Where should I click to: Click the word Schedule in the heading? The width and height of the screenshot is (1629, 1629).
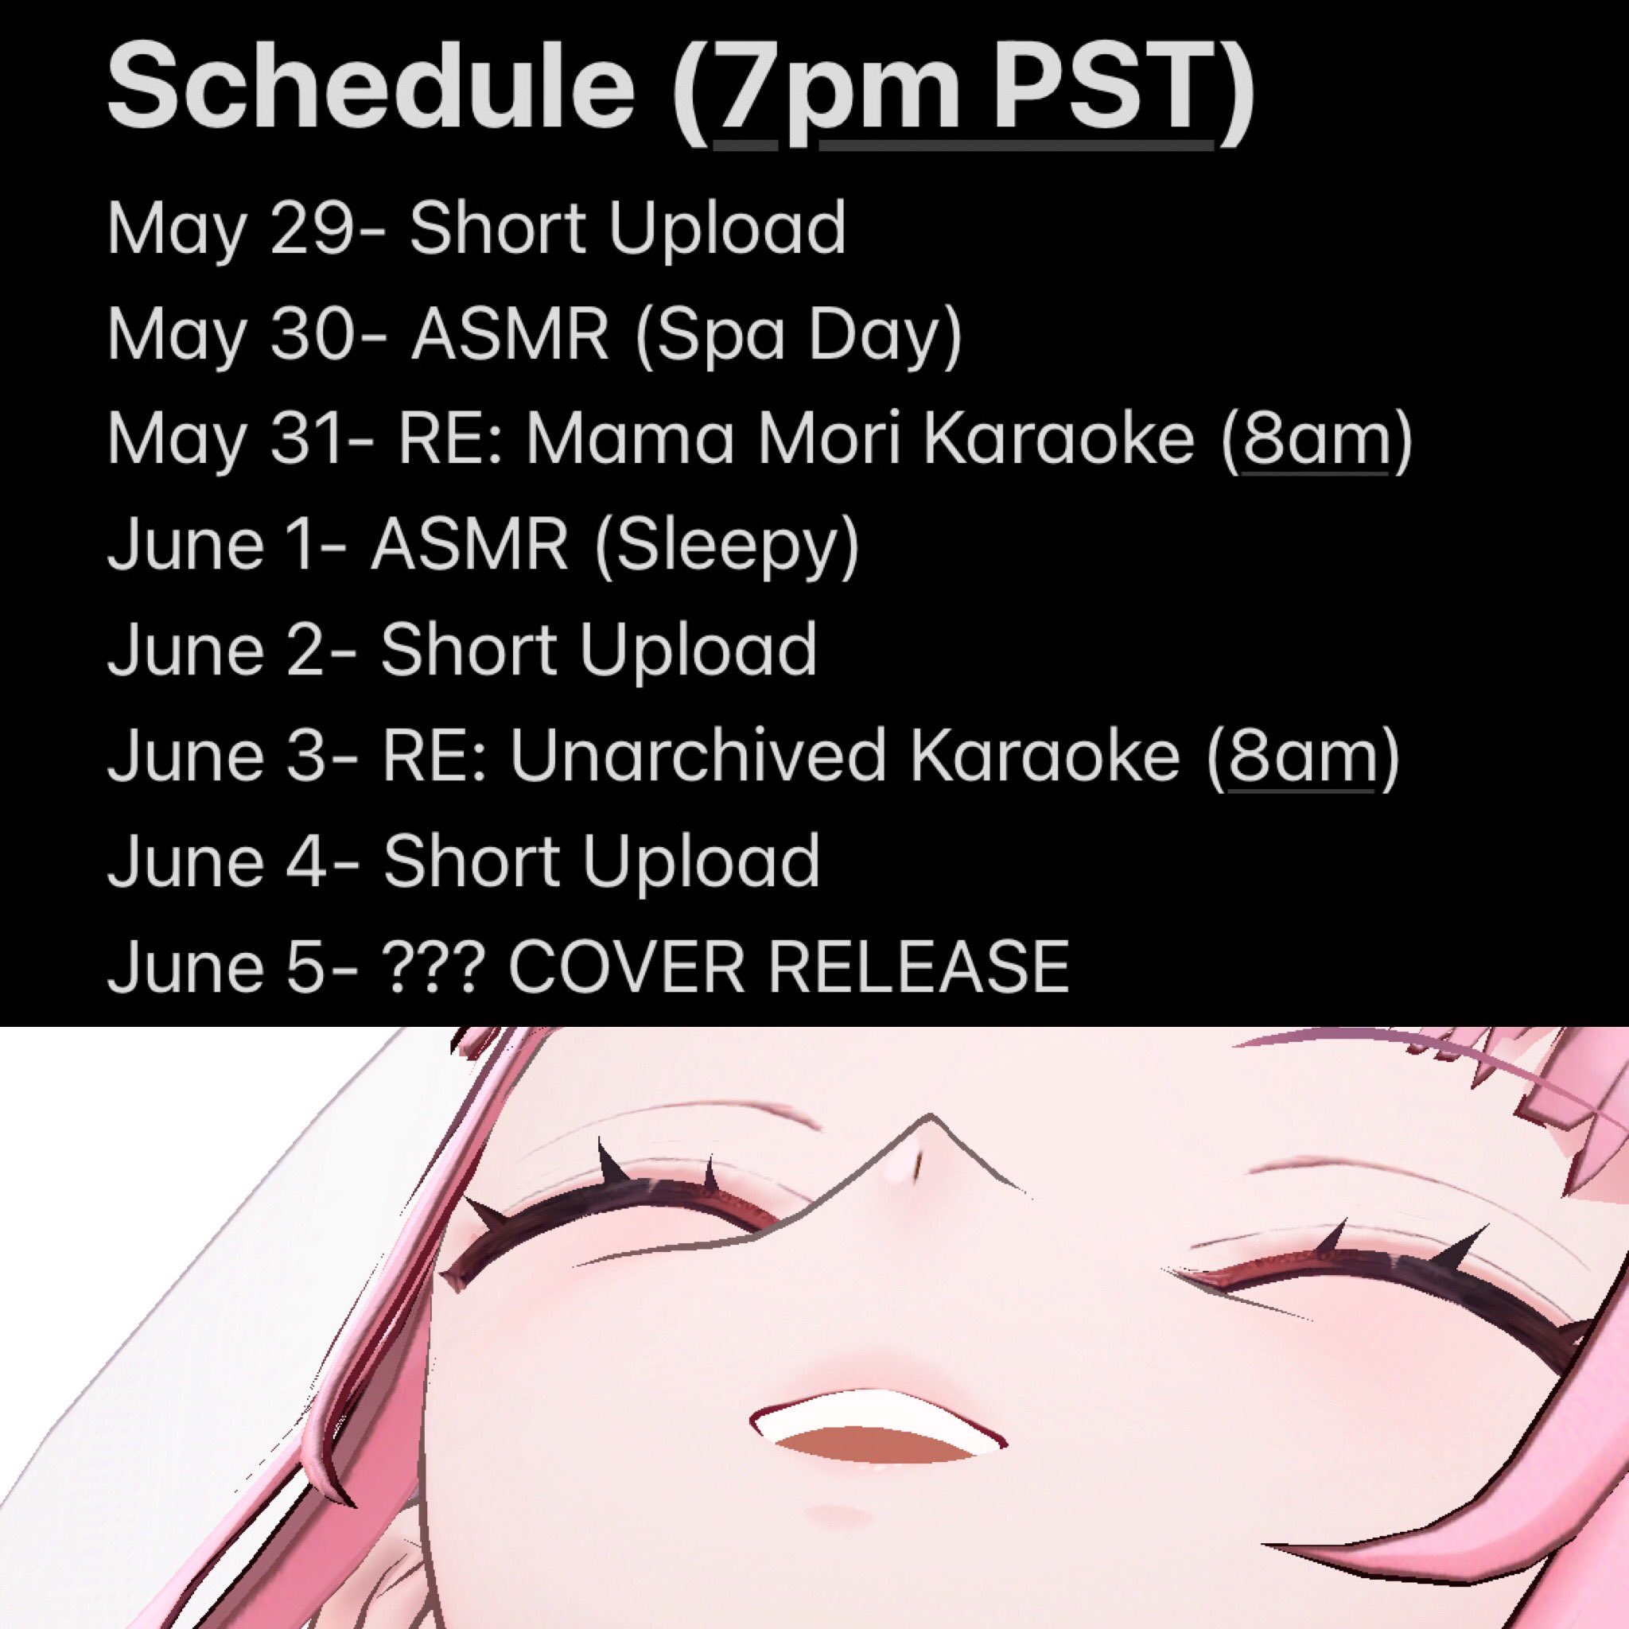click(x=371, y=87)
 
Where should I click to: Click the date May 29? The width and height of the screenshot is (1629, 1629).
click(x=228, y=230)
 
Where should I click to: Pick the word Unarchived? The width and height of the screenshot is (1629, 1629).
click(x=699, y=756)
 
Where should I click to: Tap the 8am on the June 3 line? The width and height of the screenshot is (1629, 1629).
click(x=1303, y=756)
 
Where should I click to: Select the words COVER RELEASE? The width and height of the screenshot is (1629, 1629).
click(x=788, y=966)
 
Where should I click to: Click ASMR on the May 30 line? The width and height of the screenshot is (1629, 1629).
click(x=509, y=335)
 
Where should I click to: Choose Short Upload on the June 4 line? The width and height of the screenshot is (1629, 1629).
click(x=601, y=861)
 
